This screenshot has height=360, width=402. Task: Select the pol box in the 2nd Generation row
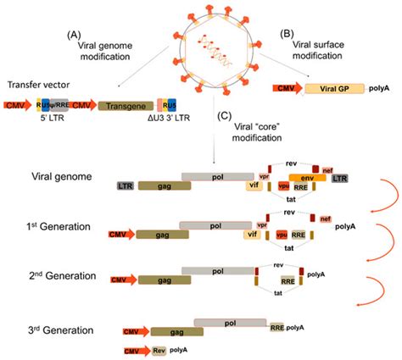point(217,271)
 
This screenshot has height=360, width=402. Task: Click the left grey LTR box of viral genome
point(125,184)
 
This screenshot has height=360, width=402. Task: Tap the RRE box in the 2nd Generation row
point(288,279)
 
